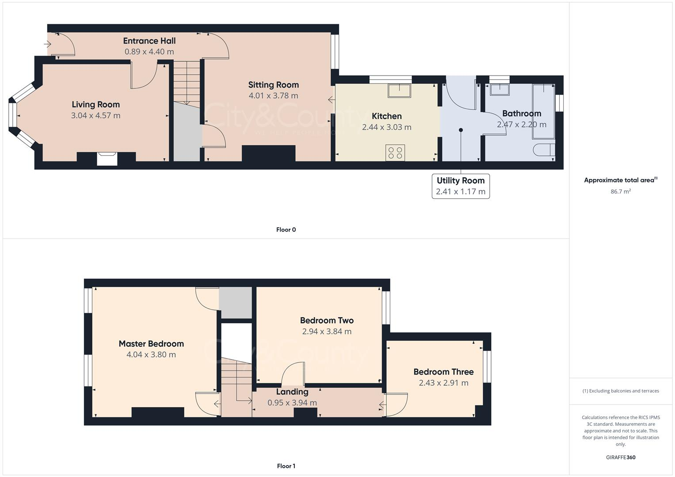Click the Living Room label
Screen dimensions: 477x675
[96, 105]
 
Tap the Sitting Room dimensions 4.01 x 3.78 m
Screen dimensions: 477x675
[273, 96]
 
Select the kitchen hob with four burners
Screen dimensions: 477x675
[395, 153]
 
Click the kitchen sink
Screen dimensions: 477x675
[399, 91]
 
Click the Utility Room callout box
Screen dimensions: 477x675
[461, 186]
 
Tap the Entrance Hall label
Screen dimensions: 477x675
[149, 41]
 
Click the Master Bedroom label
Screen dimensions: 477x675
[151, 344]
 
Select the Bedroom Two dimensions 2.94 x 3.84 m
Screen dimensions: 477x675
[327, 332]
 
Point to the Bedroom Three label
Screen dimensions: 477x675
[443, 372]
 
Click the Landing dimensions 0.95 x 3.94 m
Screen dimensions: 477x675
[292, 403]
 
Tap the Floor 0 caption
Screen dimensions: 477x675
[286, 230]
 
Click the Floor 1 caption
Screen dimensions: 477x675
[286, 466]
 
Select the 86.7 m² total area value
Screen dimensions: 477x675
[621, 192]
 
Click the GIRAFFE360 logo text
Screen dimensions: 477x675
[621, 458]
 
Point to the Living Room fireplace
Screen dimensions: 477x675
[107, 159]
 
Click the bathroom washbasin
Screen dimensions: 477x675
[500, 90]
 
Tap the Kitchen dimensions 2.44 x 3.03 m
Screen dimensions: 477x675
[387, 127]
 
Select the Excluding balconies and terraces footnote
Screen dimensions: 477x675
[621, 391]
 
